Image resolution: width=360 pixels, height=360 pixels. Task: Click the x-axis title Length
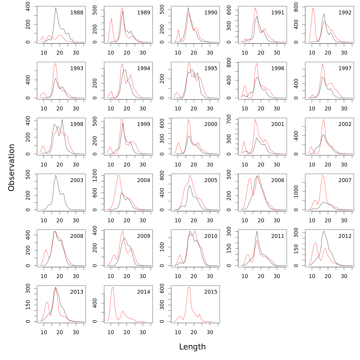[192, 347]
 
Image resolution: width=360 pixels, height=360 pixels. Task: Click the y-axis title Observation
[11, 167]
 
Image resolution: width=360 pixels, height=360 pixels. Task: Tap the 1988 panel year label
[76, 13]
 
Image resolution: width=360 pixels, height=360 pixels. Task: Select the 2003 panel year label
[76, 180]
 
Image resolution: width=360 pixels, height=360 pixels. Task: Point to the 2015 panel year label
[211, 292]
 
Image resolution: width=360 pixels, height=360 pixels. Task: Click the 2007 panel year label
[345, 180]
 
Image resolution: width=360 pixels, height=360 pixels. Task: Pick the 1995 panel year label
[211, 68]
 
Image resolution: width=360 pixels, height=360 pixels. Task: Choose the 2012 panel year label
[345, 236]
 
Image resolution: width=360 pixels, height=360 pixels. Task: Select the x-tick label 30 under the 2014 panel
[143, 332]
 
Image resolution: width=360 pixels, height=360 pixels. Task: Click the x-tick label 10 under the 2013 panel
[44, 332]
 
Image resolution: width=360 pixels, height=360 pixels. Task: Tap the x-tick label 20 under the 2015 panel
[194, 332]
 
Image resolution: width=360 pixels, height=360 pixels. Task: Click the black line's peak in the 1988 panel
[56, 8]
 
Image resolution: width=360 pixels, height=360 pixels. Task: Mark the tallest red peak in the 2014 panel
[113, 287]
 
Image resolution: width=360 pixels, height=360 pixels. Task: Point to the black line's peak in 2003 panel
[56, 175]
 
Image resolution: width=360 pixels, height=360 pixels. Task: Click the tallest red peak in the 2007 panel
[322, 175]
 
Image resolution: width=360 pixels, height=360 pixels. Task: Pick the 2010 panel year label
[211, 236]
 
